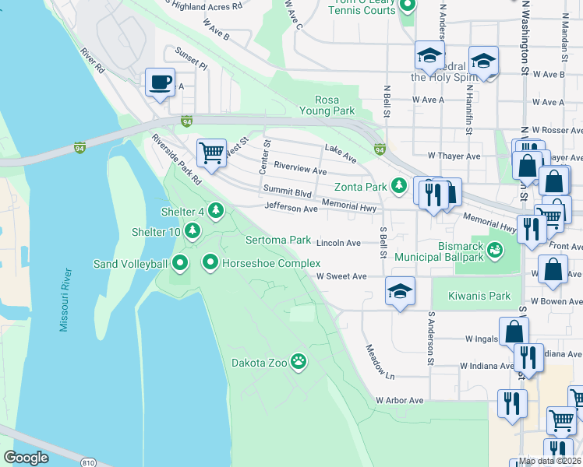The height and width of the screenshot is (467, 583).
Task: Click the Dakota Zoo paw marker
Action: pos(299,360)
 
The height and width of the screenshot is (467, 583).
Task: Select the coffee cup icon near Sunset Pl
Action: pos(161,82)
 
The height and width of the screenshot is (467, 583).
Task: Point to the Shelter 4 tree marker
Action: pos(216,210)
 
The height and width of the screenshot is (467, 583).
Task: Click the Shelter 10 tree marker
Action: pos(193,230)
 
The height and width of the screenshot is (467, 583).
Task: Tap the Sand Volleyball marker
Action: pos(181,264)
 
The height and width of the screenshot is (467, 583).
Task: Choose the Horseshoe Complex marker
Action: pos(210,263)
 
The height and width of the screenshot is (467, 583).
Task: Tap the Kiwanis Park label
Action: pos(481,296)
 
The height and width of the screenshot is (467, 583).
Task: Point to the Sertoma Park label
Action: pos(278,240)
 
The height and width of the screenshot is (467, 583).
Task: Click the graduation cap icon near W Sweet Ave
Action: pos(401,291)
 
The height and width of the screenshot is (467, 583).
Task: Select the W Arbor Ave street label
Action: pos(399,400)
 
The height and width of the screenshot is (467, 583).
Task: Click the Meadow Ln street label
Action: pos(376,362)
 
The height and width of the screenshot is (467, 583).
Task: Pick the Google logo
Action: pos(26,457)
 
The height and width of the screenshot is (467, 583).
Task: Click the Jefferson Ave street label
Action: pos(291,208)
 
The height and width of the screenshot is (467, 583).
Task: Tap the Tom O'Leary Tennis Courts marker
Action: pos(407,7)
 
